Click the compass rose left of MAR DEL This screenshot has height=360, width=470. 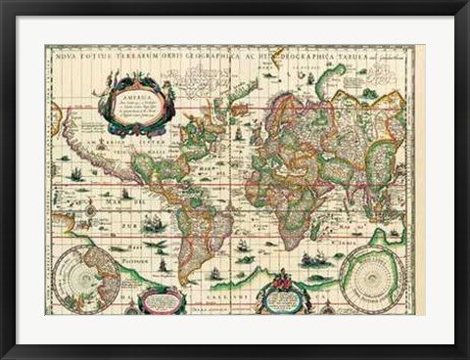(90, 208)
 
